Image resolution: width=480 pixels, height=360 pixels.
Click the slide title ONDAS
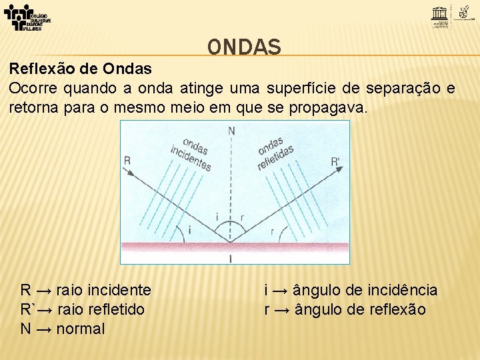coord(244,47)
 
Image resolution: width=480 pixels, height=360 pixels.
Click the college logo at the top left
coord(27,17)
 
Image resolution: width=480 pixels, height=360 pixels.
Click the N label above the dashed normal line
coord(231,131)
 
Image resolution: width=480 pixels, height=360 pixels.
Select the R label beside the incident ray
coord(127,160)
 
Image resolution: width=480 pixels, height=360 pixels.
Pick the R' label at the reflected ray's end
coord(335,161)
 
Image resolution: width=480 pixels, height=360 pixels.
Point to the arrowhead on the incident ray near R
coord(131,173)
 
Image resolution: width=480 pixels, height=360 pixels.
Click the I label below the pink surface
coord(231,257)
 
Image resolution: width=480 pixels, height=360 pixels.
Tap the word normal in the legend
coord(81,329)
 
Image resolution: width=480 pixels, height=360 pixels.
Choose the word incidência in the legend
coord(401,290)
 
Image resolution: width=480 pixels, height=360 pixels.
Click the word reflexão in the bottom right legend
coord(394,309)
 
